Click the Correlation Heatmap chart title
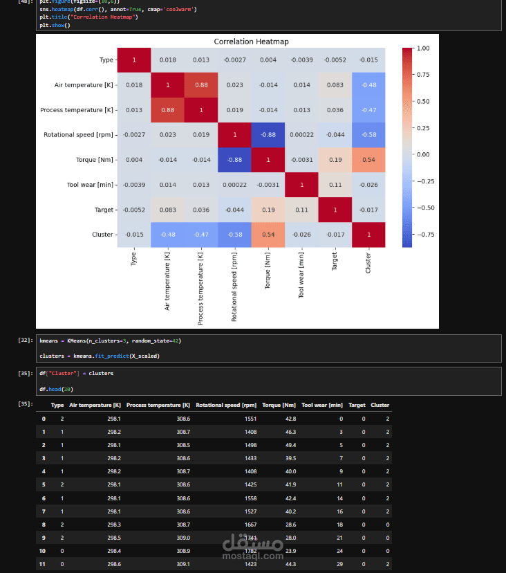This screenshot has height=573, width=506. pos(251,42)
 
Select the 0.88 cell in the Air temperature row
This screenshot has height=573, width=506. pos(200,85)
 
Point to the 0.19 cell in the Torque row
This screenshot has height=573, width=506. pos(334,160)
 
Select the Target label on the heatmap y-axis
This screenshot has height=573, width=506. pos(104,210)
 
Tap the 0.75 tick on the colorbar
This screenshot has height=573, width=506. pos(422,75)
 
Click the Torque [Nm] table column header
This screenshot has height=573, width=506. pos(279,405)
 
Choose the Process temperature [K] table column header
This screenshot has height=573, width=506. pos(158,405)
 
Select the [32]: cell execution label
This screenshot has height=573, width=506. pos(26,340)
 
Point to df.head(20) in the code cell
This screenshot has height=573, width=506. pos(56,390)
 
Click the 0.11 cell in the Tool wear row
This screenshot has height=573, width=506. pos(334,185)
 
